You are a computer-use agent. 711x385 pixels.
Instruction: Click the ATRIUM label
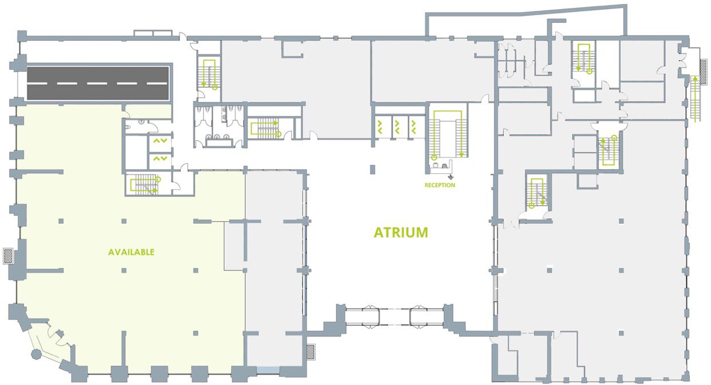pos(401,232)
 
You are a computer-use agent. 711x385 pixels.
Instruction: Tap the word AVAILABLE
pos(131,252)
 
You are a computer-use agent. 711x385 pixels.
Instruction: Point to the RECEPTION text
pos(440,185)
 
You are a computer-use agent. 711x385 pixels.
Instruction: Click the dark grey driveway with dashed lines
pos(98,84)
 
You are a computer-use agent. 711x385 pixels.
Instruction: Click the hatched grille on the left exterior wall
pos(8,256)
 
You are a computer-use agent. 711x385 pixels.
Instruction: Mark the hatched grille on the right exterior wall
pos(703,72)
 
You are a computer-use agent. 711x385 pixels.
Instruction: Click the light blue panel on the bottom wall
pos(267,370)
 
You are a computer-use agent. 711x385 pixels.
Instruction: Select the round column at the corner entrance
pos(36,354)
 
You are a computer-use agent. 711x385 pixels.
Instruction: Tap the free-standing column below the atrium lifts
pos(373,170)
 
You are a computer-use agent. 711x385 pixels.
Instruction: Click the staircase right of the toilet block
pos(265,128)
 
